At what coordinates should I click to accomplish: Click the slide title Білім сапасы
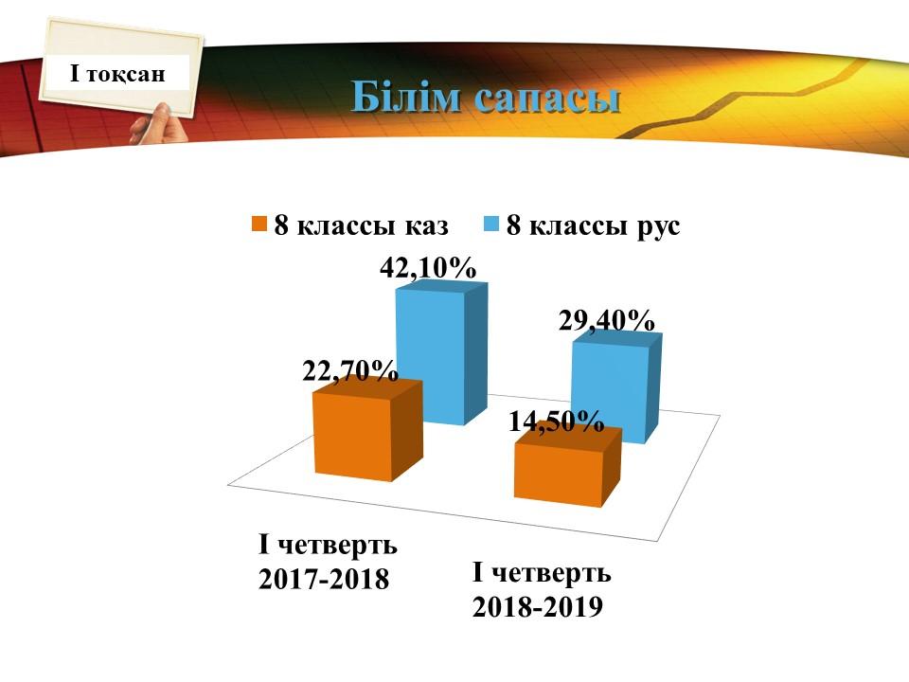coord(486,98)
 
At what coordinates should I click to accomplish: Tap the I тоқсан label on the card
coord(117,74)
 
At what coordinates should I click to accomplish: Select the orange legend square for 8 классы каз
coord(259,224)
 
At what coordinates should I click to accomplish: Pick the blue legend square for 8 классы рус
coord(491,224)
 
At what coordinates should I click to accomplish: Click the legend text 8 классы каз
coord(361,225)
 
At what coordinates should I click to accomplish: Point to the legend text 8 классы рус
coord(593,225)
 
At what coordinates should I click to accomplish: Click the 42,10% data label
coord(428,268)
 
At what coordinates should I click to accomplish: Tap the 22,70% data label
coord(350,370)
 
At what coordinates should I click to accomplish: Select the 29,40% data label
coord(606,320)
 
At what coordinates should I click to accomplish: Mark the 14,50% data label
coord(557,422)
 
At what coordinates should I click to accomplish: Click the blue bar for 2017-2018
coord(442,352)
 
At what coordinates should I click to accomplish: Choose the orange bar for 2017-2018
coord(367,429)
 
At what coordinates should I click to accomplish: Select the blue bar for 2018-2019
coord(616,387)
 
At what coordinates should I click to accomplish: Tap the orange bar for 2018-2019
coord(568,467)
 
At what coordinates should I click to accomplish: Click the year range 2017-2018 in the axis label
coord(324,579)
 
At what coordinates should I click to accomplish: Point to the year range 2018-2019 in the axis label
coord(538,606)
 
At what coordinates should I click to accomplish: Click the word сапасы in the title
coord(547,99)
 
